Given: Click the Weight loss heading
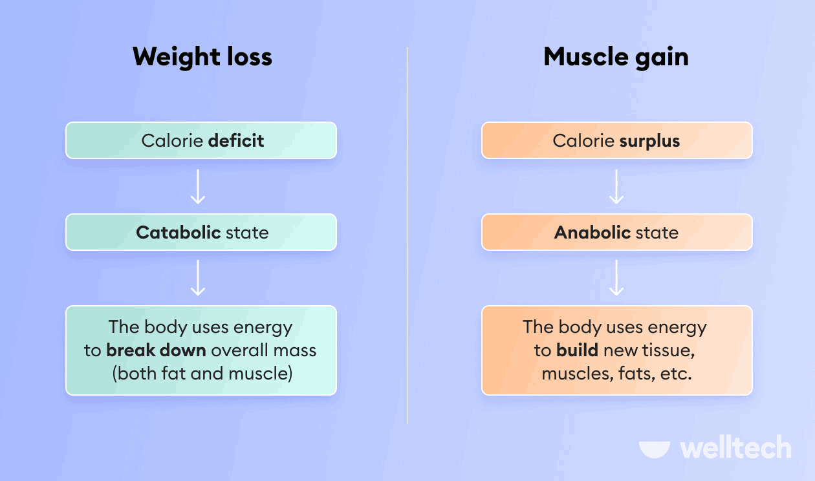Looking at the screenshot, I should [202, 57].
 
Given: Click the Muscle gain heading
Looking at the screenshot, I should [616, 57].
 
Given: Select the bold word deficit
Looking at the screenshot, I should [236, 140].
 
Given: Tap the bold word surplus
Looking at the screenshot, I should [649, 141].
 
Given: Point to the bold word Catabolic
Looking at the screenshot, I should [179, 233].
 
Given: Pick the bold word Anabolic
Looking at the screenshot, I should [592, 233].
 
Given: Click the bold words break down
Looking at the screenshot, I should [156, 350].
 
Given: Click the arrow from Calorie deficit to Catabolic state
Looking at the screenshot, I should [198, 186].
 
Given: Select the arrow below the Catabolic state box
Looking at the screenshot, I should [198, 278].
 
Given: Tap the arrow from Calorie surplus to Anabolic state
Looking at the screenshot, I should [616, 186].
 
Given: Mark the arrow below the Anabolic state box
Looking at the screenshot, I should [616, 278].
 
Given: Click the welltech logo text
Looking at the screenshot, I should [735, 448].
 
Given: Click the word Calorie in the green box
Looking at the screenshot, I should [171, 140].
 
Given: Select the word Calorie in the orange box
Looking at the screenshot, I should [584, 141].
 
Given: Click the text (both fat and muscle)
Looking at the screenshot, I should [202, 373].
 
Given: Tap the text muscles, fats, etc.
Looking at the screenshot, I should [616, 373].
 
